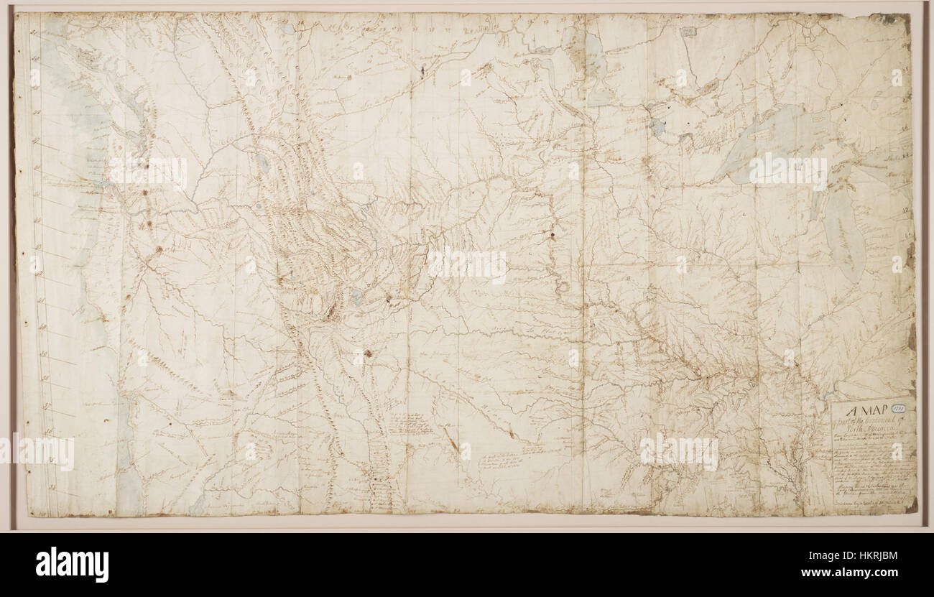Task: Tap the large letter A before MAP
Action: pos(851,412)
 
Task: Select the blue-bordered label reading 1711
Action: pos(898,407)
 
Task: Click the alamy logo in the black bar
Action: pos(72,565)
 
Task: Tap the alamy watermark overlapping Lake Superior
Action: pos(787,171)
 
